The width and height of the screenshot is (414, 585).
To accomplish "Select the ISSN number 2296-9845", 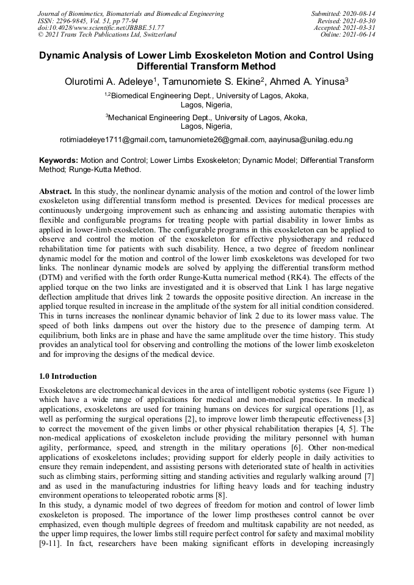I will (x=73, y=21).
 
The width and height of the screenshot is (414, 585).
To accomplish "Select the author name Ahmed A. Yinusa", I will (x=309, y=82).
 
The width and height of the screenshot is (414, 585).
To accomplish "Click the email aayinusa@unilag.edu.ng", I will (x=311, y=140).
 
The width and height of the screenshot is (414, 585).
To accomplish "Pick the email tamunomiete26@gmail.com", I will (x=217, y=140).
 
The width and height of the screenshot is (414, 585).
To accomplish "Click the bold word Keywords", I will (x=58, y=160).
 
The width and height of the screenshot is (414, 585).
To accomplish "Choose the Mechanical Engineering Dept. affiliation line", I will (x=206, y=118).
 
